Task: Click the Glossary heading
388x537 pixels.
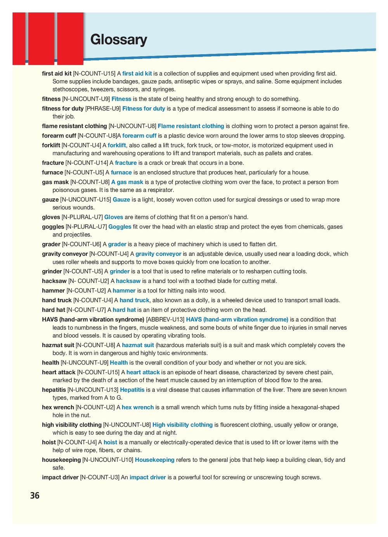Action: pyautogui.click(x=119, y=40)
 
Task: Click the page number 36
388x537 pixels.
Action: pyautogui.click(x=35, y=496)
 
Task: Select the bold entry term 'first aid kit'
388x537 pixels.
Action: pyautogui.click(x=57, y=74)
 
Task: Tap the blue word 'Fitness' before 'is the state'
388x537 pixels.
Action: pyautogui.click(x=121, y=99)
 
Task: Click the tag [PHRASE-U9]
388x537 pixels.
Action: pyautogui.click(x=103, y=109)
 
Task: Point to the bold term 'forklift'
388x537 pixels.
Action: pyautogui.click(x=51, y=145)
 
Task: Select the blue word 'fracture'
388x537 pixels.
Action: pyautogui.click(x=126, y=163)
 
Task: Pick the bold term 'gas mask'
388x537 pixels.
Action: pyautogui.click(x=55, y=182)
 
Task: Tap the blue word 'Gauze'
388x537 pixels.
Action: pyautogui.click(x=121, y=200)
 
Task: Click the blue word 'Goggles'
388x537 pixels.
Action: pyautogui.click(x=120, y=227)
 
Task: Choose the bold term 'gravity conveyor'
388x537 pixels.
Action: pyautogui.click(x=65, y=254)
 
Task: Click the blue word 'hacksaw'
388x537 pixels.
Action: pyautogui.click(x=128, y=281)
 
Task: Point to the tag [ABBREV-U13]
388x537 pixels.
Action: pyautogui.click(x=165, y=320)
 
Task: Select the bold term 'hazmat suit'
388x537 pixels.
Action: pyautogui.click(x=58, y=345)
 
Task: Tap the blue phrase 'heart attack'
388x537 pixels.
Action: pyautogui.click(x=143, y=372)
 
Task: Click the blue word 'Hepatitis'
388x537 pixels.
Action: pyautogui.click(x=132, y=390)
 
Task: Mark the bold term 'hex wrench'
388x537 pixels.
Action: pyautogui.click(x=58, y=407)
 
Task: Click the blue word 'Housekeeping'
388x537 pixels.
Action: pyautogui.click(x=154, y=460)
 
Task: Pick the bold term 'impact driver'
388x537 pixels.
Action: pyautogui.click(x=60, y=477)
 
